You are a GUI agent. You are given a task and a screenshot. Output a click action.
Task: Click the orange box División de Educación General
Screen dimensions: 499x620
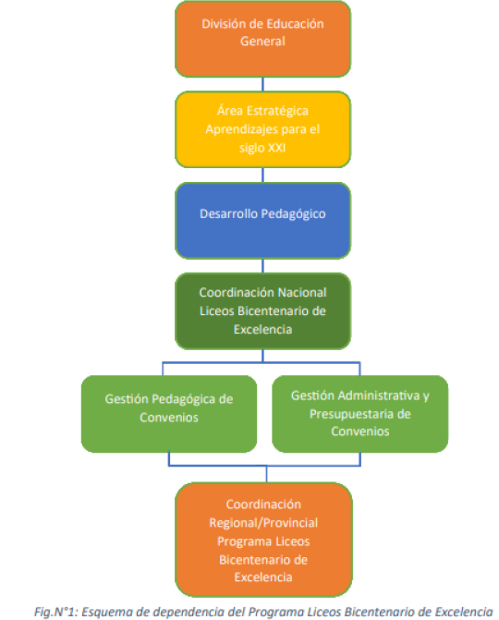[x=263, y=39]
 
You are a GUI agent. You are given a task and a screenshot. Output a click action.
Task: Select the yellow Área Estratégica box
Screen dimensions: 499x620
[x=263, y=129]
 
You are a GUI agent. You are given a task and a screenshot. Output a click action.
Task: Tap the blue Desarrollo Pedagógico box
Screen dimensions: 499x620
[x=263, y=221]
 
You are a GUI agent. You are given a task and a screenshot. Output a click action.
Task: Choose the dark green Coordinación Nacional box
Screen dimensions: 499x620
[x=263, y=310]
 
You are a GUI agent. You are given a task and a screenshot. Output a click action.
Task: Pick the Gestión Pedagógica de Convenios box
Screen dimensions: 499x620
[x=169, y=414]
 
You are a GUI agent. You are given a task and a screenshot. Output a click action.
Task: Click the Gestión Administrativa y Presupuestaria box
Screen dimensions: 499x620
[x=360, y=414]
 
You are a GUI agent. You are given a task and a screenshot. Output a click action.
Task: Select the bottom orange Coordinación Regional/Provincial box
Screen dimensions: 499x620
[x=263, y=540]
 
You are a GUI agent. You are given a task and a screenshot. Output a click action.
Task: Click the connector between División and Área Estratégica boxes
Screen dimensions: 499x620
[x=263, y=84]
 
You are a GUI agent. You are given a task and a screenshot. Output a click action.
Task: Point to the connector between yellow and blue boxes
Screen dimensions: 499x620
[x=263, y=176]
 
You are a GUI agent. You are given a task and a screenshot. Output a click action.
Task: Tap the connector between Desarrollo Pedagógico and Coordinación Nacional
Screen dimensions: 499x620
[x=263, y=266]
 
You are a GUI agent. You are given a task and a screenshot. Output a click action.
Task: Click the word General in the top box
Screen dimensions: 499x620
[x=263, y=42]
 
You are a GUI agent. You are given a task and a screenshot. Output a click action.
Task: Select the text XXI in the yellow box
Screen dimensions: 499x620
[x=277, y=148]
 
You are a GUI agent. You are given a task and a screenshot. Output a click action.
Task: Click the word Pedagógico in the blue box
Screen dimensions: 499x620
[x=293, y=214]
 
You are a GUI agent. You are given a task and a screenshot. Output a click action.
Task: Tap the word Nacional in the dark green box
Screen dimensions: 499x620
[x=302, y=293]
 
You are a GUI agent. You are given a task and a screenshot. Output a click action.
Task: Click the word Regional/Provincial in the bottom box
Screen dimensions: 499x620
[x=263, y=523]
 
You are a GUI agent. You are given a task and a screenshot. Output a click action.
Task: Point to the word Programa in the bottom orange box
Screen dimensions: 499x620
[x=240, y=541]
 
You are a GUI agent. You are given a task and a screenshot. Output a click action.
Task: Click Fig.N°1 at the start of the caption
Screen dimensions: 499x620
[x=56, y=612]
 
